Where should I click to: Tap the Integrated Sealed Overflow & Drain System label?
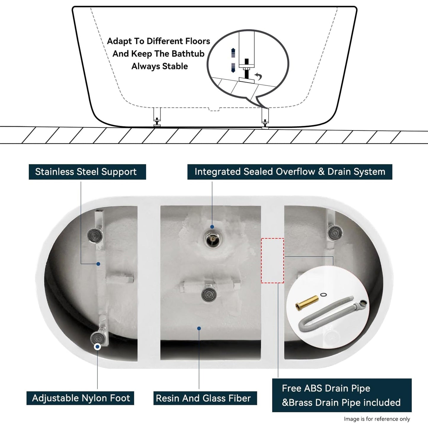290,172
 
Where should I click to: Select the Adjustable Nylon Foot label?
81,398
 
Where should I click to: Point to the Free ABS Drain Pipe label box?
342,395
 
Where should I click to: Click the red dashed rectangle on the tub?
272,260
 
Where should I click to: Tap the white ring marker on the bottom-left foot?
97,347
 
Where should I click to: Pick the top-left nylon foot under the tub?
95,235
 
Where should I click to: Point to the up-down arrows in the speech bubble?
233,60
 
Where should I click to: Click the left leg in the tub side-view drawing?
157,117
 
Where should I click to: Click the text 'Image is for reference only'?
377,419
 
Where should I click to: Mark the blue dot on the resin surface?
199,328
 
